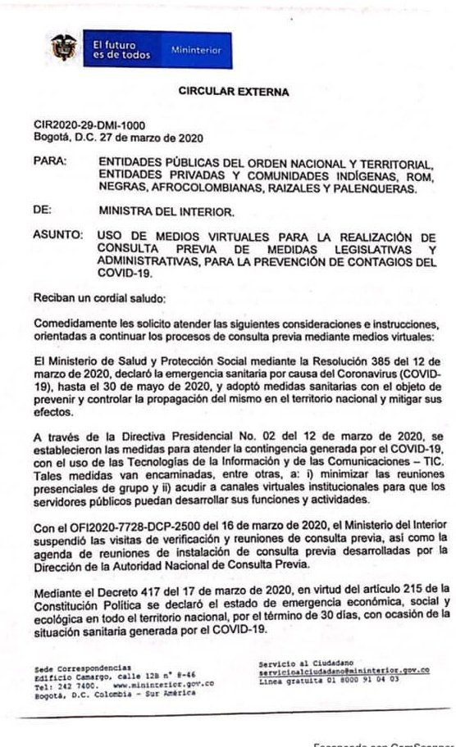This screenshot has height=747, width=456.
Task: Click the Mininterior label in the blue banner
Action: (196, 50)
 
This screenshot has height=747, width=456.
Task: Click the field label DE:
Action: (43, 210)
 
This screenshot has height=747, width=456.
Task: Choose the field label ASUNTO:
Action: (57, 235)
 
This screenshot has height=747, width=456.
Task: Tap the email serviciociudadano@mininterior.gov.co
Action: (344, 669)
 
